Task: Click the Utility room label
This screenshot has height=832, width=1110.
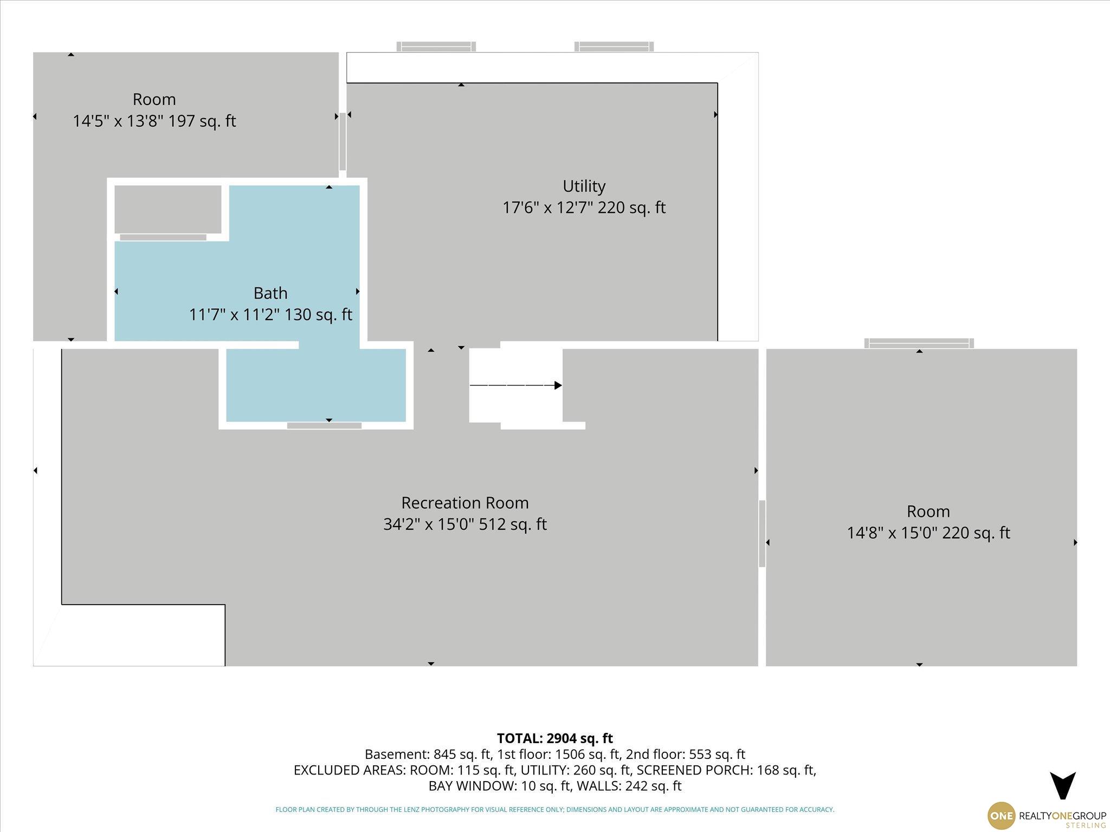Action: click(x=584, y=186)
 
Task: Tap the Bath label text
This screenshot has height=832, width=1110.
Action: click(x=270, y=293)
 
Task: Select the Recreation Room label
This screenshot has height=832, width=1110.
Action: click(x=465, y=503)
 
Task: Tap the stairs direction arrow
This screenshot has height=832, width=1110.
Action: click(x=515, y=386)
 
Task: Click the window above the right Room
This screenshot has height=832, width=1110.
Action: click(x=919, y=343)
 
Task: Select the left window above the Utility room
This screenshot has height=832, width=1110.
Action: click(x=436, y=47)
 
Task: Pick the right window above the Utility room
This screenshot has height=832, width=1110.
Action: click(x=614, y=47)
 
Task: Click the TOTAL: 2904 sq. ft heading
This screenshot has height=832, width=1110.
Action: click(x=555, y=738)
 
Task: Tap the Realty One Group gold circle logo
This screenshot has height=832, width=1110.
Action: click(x=1001, y=815)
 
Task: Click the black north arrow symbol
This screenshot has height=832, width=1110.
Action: click(x=1063, y=785)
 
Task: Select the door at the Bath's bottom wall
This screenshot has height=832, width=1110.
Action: click(x=324, y=426)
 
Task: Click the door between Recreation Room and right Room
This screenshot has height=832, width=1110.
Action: click(x=762, y=534)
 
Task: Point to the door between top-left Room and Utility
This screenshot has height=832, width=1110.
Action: click(x=343, y=141)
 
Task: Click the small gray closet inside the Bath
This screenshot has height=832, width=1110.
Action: click(x=168, y=210)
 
